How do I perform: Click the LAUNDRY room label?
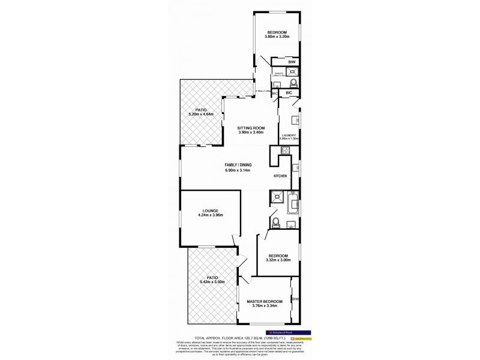tap(289, 136)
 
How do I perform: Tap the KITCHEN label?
tap(281, 176)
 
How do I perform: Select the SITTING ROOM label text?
tap(251, 128)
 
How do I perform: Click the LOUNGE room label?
tap(210, 211)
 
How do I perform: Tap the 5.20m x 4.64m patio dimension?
tap(197, 114)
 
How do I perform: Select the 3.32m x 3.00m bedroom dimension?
tap(278, 260)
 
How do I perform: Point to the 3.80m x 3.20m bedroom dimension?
tap(277, 37)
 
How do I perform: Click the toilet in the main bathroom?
tap(275, 224)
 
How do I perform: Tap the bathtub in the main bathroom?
tap(293, 203)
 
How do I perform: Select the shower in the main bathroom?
tap(277, 196)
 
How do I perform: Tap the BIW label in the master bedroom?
tap(295, 299)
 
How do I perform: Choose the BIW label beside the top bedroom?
tap(292, 61)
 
